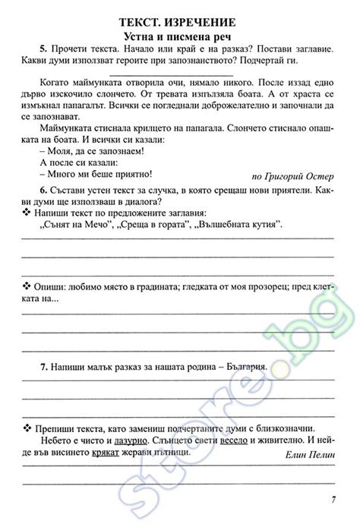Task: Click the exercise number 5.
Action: (x=44, y=50)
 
